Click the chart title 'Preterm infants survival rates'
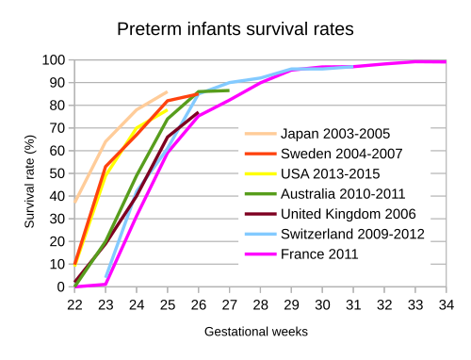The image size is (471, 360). [x=235, y=29]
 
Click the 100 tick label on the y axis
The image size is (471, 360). [x=54, y=60]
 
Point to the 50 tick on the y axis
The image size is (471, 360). [x=57, y=173]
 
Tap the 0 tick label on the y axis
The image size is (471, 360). [x=61, y=286]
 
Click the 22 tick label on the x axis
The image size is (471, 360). [x=74, y=305]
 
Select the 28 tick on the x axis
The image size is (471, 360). [x=260, y=305]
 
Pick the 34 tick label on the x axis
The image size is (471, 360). [x=447, y=305]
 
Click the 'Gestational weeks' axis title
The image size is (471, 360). [x=256, y=332]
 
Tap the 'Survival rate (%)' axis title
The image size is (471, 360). [x=29, y=182]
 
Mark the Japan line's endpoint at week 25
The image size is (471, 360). [x=168, y=91]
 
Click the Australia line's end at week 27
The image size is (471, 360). [x=229, y=90]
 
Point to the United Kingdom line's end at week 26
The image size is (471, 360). [x=198, y=112]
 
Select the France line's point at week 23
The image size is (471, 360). [x=106, y=285]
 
